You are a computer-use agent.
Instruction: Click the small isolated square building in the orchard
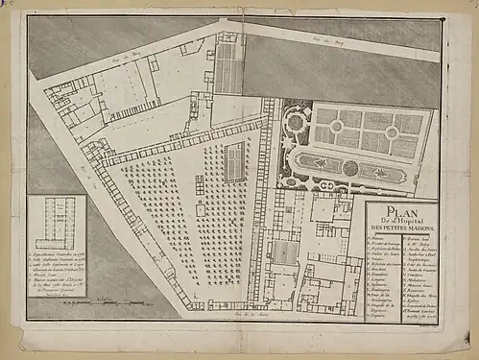coord(200,208)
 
